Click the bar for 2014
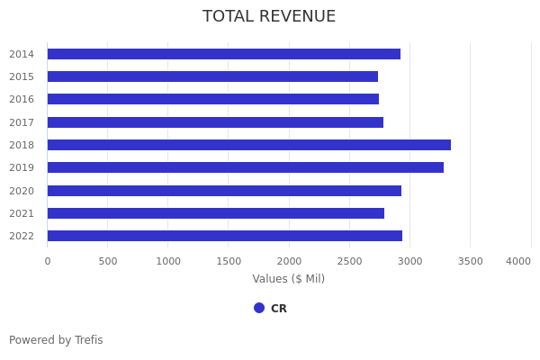point(223,54)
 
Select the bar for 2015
point(212,76)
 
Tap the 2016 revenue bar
point(212,99)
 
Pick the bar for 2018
point(248,145)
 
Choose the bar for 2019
point(245,167)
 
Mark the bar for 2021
point(215,213)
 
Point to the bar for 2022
point(224,236)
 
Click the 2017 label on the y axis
point(22,122)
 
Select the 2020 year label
point(22,191)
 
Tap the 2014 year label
point(22,54)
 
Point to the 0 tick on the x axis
point(48,261)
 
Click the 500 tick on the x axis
point(108,261)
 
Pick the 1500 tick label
point(229,261)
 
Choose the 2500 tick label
point(349,261)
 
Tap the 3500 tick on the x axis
point(470,261)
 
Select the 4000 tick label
point(518,261)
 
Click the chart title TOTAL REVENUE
point(269,17)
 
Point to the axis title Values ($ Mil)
point(288,279)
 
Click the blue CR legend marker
point(259,308)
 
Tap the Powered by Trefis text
point(56,340)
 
